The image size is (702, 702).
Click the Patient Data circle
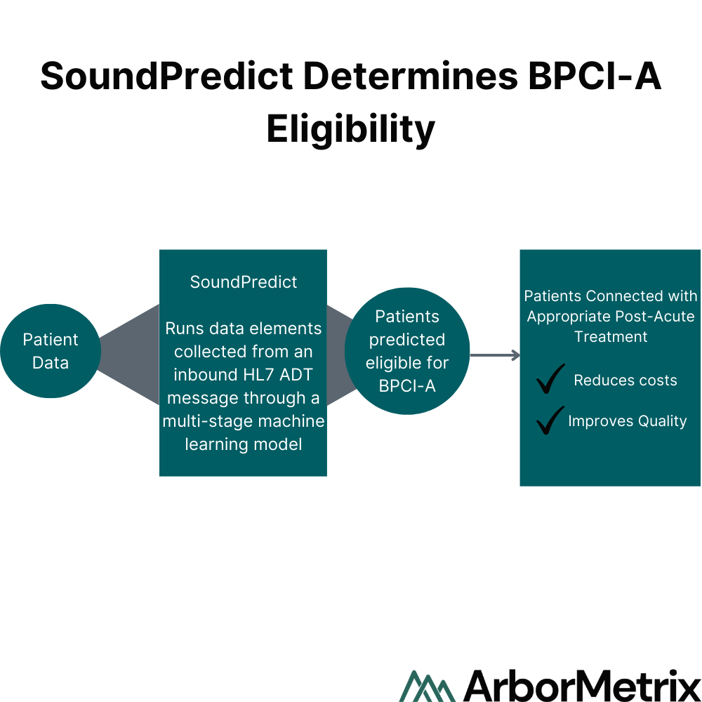[x=51, y=351]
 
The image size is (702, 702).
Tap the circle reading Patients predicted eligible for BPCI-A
[x=407, y=351]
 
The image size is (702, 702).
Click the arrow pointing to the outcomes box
[x=495, y=355]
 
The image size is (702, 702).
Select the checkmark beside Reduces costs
[x=550, y=379]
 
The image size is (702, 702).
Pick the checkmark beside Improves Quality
[x=550, y=420]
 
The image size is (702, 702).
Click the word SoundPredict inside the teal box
[x=244, y=282]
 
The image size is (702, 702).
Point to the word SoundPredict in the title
[x=166, y=76]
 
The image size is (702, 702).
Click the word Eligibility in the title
[x=350, y=129]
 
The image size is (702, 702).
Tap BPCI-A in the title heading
[x=595, y=76]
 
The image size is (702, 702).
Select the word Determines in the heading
[x=411, y=76]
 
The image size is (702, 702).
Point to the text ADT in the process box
[x=296, y=375]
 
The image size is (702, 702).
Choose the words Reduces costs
[x=625, y=380]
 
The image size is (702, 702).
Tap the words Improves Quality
[x=627, y=420]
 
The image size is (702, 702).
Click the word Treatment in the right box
[x=611, y=337]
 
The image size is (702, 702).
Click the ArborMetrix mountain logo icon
[x=427, y=686]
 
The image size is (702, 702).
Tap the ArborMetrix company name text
[x=582, y=685]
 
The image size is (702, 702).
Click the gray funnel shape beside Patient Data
[x=129, y=355]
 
